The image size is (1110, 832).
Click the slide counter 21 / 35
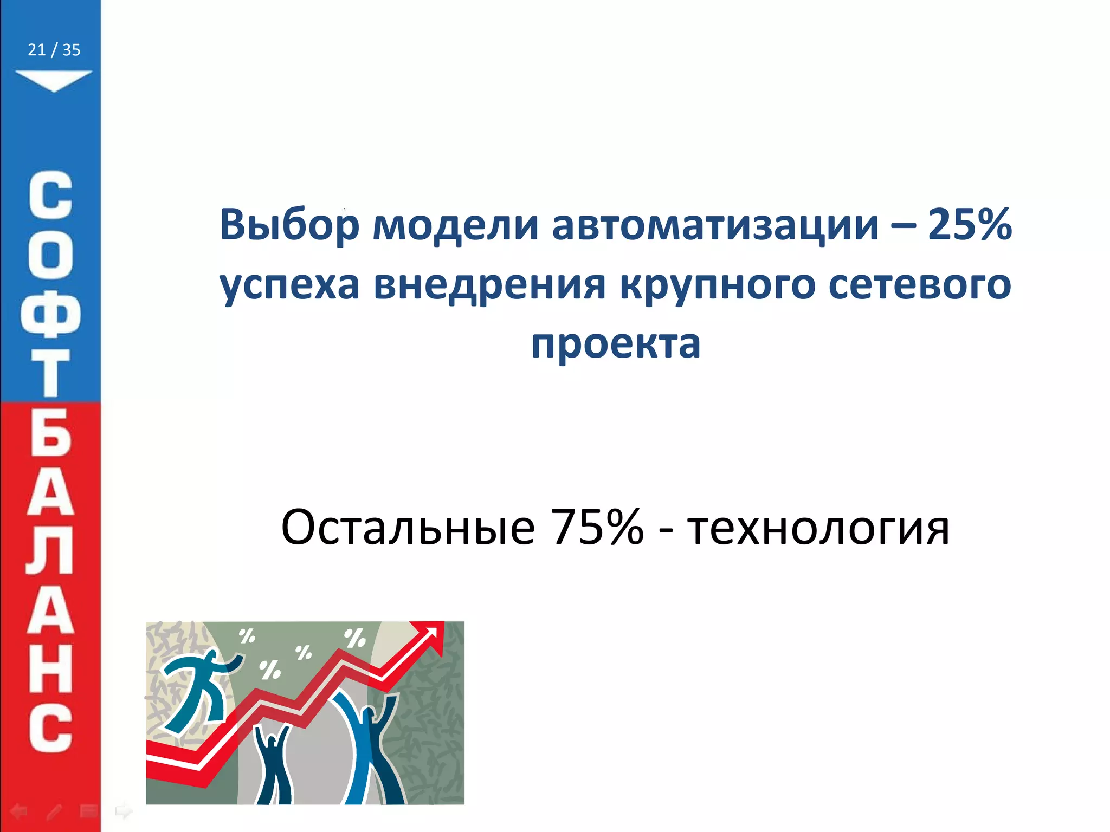(x=54, y=50)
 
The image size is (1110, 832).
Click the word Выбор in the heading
(x=289, y=224)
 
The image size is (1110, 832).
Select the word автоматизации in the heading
(x=715, y=224)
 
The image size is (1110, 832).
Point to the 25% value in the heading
(x=970, y=224)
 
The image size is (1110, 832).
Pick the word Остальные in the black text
(x=408, y=526)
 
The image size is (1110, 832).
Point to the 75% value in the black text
(x=596, y=526)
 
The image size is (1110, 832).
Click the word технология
(x=818, y=528)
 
